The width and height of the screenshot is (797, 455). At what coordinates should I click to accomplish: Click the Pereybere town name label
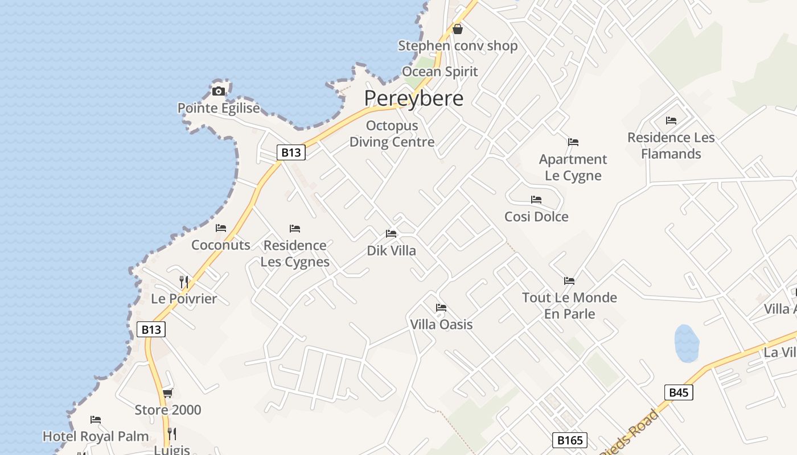[414, 98]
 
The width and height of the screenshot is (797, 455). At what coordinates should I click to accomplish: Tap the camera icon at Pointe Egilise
[218, 91]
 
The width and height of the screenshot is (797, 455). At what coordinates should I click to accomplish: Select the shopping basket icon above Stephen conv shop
[457, 29]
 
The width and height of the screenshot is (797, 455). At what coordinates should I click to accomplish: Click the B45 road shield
[679, 392]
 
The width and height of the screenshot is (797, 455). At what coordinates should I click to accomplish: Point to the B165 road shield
[569, 440]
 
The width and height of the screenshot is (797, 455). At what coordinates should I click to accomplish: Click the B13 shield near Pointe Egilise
[291, 152]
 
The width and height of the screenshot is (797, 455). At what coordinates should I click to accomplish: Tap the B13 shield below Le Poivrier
[151, 329]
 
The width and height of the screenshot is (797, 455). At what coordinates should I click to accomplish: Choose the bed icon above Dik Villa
[391, 234]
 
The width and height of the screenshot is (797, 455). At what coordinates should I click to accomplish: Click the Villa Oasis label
[441, 324]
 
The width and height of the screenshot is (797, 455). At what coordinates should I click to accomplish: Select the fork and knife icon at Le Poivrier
[183, 282]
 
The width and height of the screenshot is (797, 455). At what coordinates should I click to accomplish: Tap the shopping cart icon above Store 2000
[167, 393]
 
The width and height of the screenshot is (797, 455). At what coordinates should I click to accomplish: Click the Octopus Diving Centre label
[392, 134]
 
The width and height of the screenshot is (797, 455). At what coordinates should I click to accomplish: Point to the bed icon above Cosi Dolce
[536, 200]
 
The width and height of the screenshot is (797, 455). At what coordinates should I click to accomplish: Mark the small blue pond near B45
[687, 343]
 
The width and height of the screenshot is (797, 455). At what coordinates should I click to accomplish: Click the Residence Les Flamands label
[671, 146]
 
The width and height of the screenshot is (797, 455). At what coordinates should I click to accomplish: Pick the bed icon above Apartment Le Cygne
[573, 142]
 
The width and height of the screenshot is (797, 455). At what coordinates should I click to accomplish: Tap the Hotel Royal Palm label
[96, 436]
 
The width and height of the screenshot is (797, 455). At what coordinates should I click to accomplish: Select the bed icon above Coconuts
[221, 228]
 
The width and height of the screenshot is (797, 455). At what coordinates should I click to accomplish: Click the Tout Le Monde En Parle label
[569, 305]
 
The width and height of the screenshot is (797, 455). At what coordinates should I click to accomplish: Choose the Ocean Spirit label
[440, 72]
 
